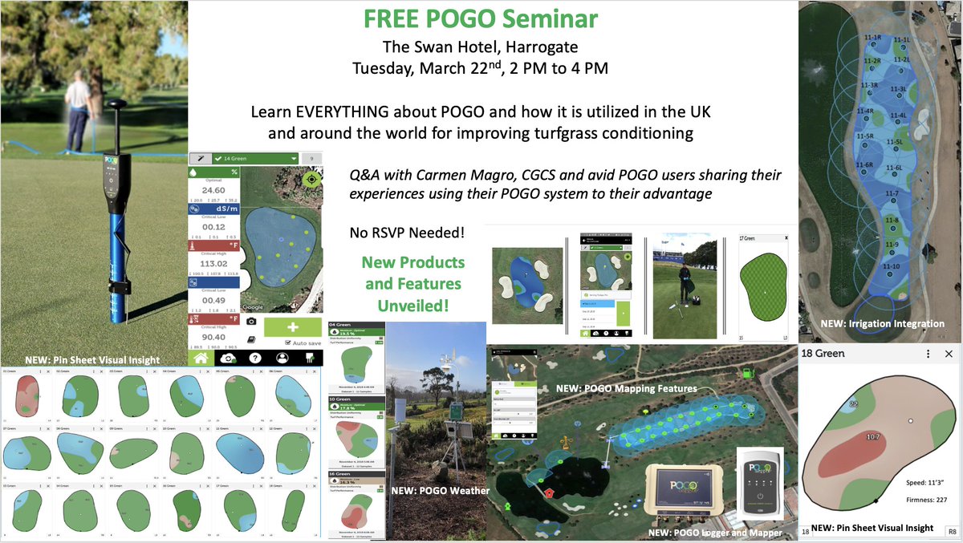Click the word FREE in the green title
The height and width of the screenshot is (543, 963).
coord(389,18)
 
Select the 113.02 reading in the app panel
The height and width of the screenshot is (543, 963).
coord(213,261)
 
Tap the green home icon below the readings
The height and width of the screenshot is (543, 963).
coord(203,359)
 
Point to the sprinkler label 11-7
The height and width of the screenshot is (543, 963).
coord(891,194)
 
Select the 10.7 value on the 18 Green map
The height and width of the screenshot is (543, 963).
coord(868,436)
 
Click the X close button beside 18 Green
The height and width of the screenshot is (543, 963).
coord(949,354)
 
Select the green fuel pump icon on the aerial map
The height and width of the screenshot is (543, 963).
coord(748,372)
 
